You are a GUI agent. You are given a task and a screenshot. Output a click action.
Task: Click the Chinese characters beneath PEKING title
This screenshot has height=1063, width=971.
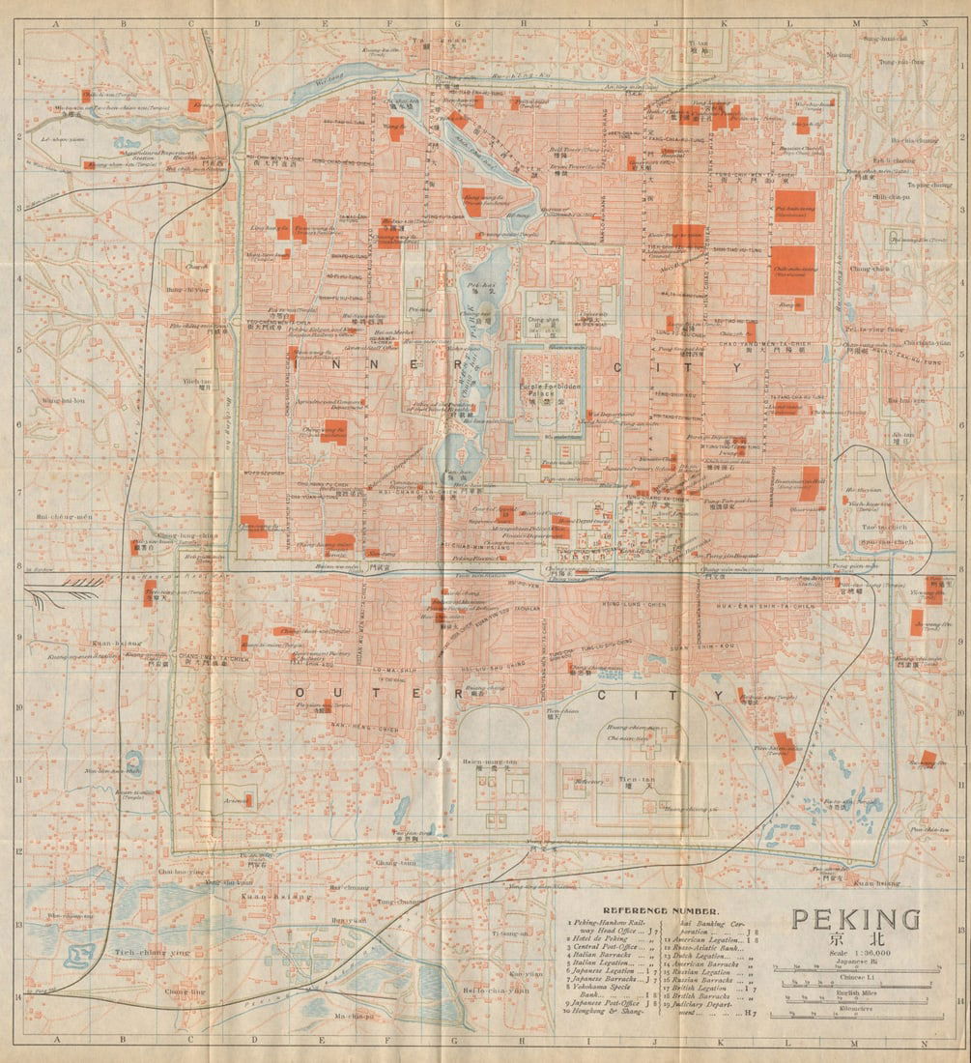[x=855, y=937]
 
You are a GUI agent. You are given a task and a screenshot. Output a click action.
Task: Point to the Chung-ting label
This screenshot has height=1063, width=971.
[x=185, y=991]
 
